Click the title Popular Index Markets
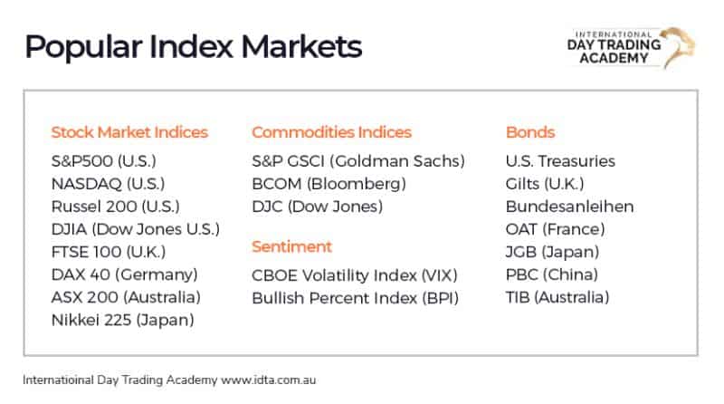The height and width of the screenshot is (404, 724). pyautogui.click(x=193, y=46)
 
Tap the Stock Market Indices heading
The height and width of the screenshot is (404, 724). pyautogui.click(x=129, y=132)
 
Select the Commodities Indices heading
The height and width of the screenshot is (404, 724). pyautogui.click(x=331, y=132)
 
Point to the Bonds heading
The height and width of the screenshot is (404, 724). pyautogui.click(x=530, y=132)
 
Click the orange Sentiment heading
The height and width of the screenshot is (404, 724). pyautogui.click(x=291, y=246)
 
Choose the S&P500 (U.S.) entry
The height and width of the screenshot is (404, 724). pyautogui.click(x=104, y=161)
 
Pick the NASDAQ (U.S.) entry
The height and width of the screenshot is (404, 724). pyautogui.click(x=108, y=184)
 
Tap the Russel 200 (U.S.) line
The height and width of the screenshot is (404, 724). pyautogui.click(x=115, y=207)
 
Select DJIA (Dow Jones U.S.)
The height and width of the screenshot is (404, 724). pyautogui.click(x=136, y=229)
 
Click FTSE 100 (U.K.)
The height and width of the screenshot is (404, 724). pyautogui.click(x=108, y=252)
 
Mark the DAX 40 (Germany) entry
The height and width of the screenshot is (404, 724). pyautogui.click(x=124, y=274)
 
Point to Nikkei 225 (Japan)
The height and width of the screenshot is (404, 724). pyautogui.click(x=123, y=320)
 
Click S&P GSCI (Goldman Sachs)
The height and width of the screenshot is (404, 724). pyautogui.click(x=357, y=161)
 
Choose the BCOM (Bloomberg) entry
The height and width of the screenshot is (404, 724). pyautogui.click(x=329, y=184)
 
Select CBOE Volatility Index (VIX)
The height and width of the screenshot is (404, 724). pyautogui.click(x=355, y=274)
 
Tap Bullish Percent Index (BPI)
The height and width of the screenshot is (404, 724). pyautogui.click(x=355, y=297)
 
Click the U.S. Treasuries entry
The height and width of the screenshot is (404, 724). pyautogui.click(x=560, y=161)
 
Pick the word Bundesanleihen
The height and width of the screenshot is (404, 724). pyautogui.click(x=569, y=207)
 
